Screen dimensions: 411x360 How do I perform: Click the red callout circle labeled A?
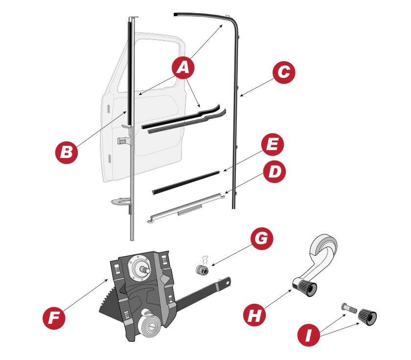183,67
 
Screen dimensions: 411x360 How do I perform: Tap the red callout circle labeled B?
67,153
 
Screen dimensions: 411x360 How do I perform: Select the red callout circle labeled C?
284,72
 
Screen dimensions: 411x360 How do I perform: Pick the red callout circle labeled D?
274,172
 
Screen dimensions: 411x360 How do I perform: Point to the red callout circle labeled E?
273,144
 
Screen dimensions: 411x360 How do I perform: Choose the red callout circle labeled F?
54,318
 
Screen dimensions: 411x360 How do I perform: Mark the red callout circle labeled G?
262,238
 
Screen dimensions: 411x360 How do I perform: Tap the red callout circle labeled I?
309,335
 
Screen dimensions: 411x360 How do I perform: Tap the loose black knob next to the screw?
367,317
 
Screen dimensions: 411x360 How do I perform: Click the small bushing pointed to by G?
203,270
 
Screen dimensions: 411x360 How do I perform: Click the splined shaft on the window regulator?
145,270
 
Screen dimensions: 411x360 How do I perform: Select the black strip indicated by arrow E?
185,182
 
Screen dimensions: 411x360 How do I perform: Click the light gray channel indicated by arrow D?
186,208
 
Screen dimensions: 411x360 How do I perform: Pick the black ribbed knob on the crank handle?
305,288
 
